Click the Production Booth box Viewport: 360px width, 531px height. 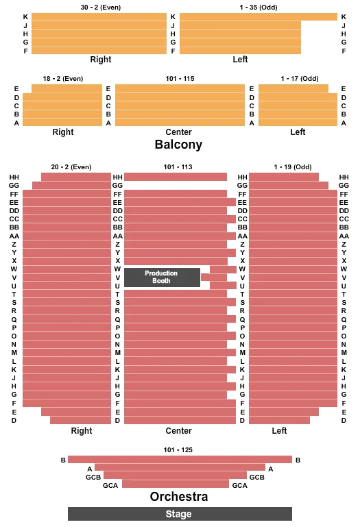pyautogui.click(x=162, y=277)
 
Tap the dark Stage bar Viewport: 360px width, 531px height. pyautogui.click(x=180, y=514)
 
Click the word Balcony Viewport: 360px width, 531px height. pyautogui.click(x=178, y=145)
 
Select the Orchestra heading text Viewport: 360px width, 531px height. pyautogui.click(x=179, y=497)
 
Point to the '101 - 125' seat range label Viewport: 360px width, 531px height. pyautogui.click(x=179, y=449)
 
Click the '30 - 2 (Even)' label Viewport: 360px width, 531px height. pyautogui.click(x=100, y=7)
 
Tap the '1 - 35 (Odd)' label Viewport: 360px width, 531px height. pyautogui.click(x=259, y=7)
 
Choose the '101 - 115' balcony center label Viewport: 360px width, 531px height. pyautogui.click(x=180, y=79)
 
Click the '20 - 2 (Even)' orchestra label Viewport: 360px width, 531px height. pyautogui.click(x=71, y=167)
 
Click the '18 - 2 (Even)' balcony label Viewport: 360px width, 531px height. pyautogui.click(x=62, y=79)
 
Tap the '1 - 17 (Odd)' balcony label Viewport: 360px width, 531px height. pyautogui.click(x=300, y=79)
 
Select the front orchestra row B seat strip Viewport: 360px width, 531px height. pyautogui.click(x=180, y=460)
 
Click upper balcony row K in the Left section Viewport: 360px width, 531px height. pyautogui.click(x=259, y=16)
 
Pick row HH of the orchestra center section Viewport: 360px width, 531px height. pyautogui.click(x=176, y=177)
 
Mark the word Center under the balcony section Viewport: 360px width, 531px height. pyautogui.click(x=178, y=132)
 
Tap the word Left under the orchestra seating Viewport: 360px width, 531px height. pyautogui.click(x=279, y=431)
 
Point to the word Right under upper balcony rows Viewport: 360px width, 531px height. pyautogui.click(x=100, y=60)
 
